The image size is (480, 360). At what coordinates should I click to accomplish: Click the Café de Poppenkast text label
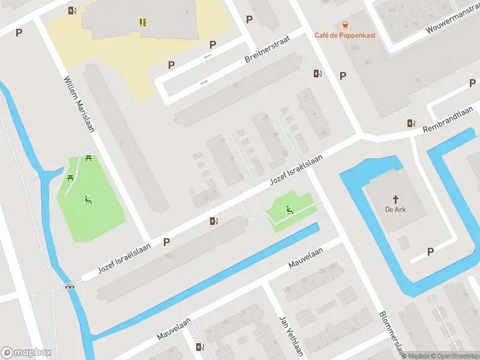pyautogui.click(x=345, y=35)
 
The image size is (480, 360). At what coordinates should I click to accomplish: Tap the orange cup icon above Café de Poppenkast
pyautogui.click(x=345, y=25)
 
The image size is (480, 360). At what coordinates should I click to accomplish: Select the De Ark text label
pyautogui.click(x=395, y=209)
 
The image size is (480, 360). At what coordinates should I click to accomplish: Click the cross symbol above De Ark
pyautogui.click(x=395, y=199)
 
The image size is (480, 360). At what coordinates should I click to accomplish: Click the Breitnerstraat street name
pyautogui.click(x=268, y=49)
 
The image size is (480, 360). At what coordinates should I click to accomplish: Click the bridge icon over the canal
pyautogui.click(x=70, y=287)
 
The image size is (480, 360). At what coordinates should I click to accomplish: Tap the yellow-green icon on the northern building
pyautogui.click(x=143, y=22)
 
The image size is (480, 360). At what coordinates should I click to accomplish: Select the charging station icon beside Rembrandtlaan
pyautogui.click(x=411, y=123)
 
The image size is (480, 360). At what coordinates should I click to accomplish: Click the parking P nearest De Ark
pyautogui.click(x=430, y=251)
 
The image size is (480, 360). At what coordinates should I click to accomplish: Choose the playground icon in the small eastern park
pyautogui.click(x=289, y=209)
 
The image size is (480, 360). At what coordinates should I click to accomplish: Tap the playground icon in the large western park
pyautogui.click(x=88, y=199)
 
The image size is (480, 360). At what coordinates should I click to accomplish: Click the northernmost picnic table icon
pyautogui.click(x=89, y=158)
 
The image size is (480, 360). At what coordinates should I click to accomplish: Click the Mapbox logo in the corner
pyautogui.click(x=26, y=353)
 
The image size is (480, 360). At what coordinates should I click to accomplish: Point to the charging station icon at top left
pyautogui.click(x=72, y=10)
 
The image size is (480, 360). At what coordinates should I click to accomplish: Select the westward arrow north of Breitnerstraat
pyautogui.click(x=208, y=57)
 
